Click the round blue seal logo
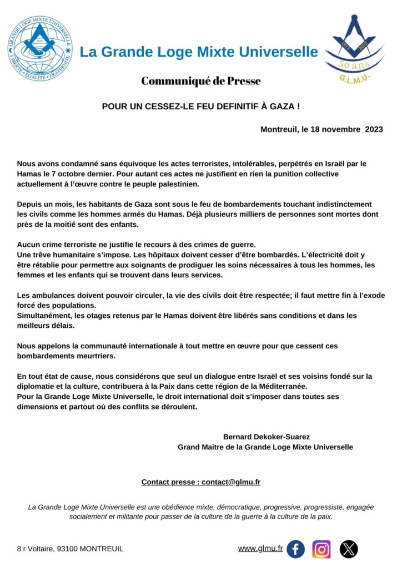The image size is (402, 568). [39, 47]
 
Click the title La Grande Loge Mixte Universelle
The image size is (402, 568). [199, 52]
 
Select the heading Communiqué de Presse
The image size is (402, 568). [200, 81]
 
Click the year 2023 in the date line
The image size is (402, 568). [374, 129]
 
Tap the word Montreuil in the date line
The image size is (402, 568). [280, 129]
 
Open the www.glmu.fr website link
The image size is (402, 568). [260, 548]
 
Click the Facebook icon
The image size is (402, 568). [295, 549]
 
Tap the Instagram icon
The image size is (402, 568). [321, 549]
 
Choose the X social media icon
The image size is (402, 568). [349, 549]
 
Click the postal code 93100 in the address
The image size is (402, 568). [68, 549]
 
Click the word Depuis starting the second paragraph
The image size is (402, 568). [30, 205]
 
